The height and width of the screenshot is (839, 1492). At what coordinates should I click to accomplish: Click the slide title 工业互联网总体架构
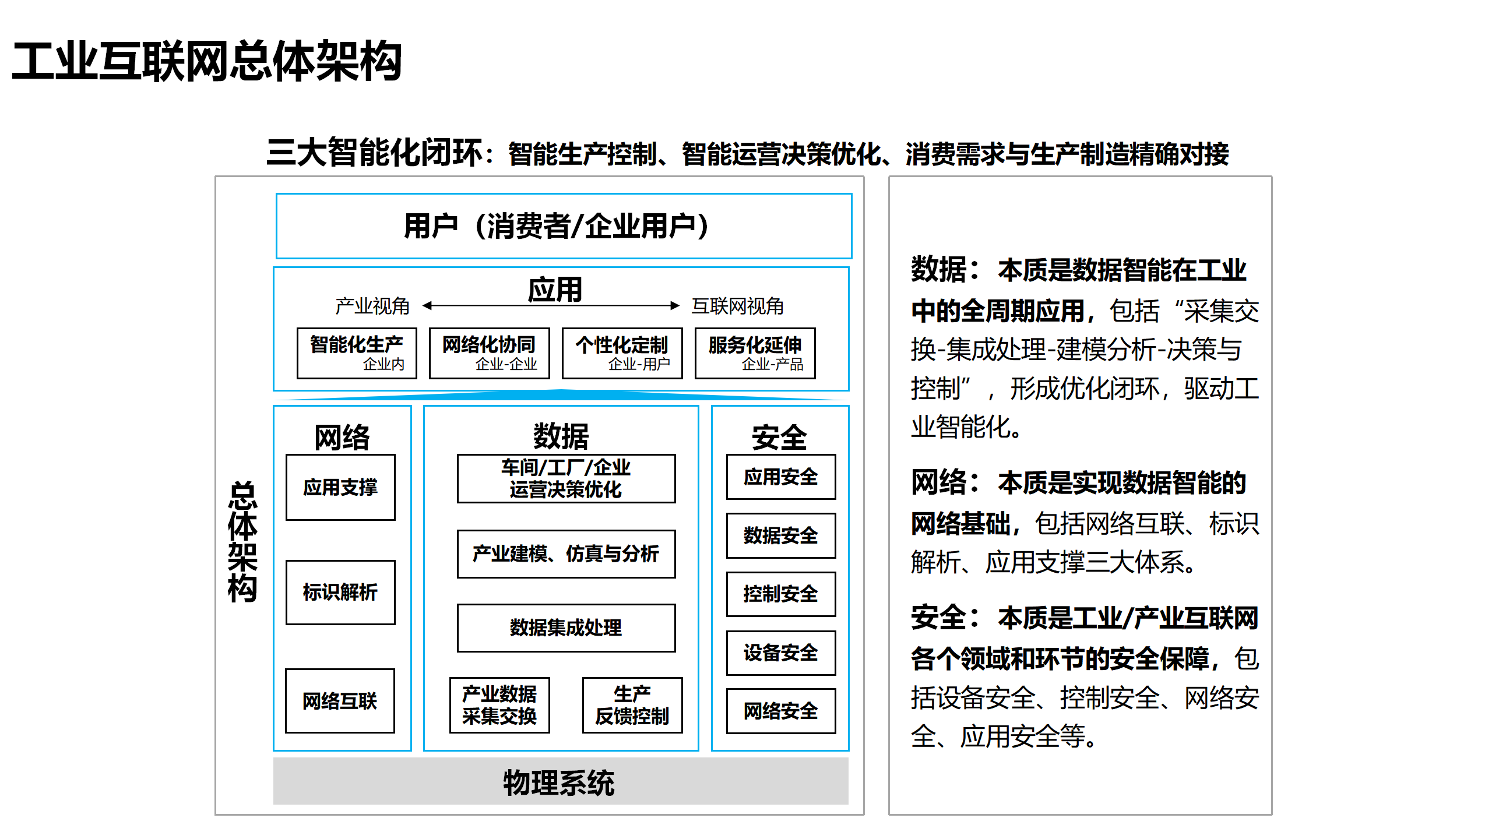pyautogui.click(x=207, y=62)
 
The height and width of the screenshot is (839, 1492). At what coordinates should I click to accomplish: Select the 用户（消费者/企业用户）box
pyautogui.click(x=563, y=226)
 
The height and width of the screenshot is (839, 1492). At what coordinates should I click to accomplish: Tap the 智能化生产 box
pyautogui.click(x=357, y=353)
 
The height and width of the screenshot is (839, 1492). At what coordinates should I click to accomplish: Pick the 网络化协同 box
pyautogui.click(x=489, y=353)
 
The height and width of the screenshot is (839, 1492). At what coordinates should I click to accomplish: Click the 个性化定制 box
pyautogui.click(x=622, y=353)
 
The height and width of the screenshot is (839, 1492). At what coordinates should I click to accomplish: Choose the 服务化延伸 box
pyautogui.click(x=755, y=353)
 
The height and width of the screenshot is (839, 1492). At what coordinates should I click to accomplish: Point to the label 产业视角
pyautogui.click(x=372, y=306)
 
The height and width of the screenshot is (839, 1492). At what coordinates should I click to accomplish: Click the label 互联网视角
pyautogui.click(x=737, y=306)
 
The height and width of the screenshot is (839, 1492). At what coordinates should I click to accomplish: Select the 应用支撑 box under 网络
pyautogui.click(x=340, y=487)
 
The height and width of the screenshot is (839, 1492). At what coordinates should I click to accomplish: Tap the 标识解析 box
pyautogui.click(x=340, y=592)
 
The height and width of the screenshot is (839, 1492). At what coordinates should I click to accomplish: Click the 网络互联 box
pyautogui.click(x=340, y=700)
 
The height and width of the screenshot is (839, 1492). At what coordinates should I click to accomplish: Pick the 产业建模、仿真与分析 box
pyautogui.click(x=566, y=554)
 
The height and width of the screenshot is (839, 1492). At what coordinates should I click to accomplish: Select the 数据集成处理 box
pyautogui.click(x=566, y=628)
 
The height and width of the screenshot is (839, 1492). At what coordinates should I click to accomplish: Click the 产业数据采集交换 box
pyautogui.click(x=499, y=705)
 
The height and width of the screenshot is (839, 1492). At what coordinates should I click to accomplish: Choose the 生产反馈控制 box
pyautogui.click(x=632, y=705)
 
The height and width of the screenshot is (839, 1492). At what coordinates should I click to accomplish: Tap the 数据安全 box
pyautogui.click(x=780, y=535)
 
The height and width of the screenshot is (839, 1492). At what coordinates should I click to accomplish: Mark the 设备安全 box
pyautogui.click(x=780, y=653)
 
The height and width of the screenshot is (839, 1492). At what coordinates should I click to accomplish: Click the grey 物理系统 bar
pyautogui.click(x=560, y=782)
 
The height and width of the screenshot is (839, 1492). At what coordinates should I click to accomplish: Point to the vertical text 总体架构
pyautogui.click(x=242, y=542)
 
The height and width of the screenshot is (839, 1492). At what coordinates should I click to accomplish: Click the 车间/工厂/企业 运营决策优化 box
pyautogui.click(x=566, y=478)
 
